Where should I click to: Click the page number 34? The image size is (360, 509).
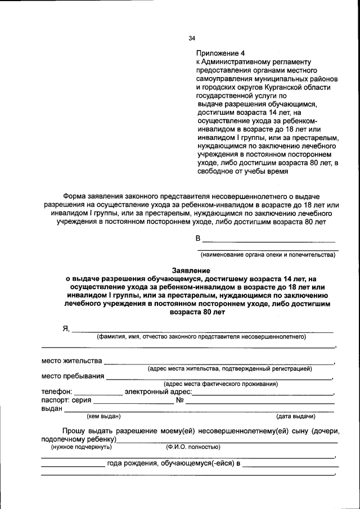point(192,38)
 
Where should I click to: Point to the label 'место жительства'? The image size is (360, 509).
point(71,361)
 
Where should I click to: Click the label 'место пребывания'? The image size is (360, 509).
point(73,376)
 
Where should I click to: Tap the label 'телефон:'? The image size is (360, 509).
point(57,392)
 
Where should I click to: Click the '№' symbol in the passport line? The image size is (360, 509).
point(180,400)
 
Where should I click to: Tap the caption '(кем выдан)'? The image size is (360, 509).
point(103,417)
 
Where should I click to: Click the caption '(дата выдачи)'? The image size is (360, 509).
point(295,417)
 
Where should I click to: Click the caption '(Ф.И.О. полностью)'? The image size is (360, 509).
point(192,447)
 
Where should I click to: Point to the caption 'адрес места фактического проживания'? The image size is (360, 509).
point(220,384)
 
